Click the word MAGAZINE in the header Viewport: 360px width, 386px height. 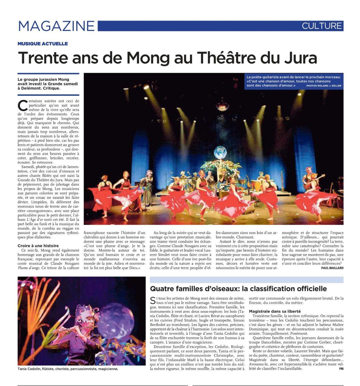tap(56, 26)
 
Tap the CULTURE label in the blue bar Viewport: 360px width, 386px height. tap(322, 26)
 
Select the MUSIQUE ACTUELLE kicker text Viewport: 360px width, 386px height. tap(42, 44)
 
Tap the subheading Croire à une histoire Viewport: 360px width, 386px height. tap(38, 246)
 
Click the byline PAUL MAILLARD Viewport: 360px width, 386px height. tap(332, 268)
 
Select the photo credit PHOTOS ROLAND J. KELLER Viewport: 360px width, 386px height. tap(324, 86)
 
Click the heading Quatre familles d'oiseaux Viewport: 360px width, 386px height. tap(238, 289)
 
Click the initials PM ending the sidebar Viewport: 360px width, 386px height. tap(341, 369)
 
